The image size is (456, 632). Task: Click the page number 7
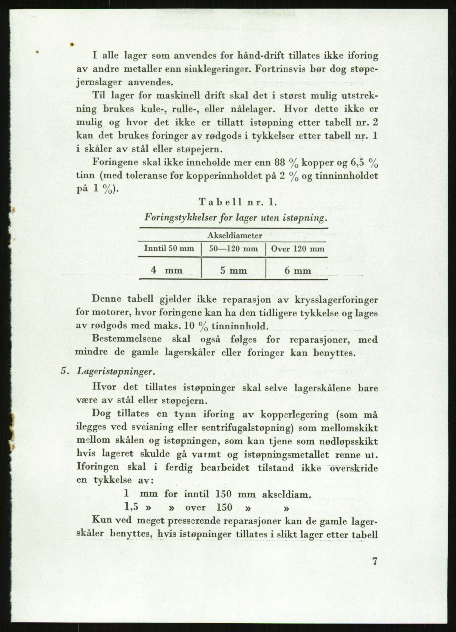point(374,561)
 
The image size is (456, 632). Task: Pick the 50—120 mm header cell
point(233,249)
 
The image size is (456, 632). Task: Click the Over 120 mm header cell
point(298,249)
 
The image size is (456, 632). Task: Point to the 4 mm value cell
point(167,270)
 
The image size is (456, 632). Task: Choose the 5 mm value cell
point(233,271)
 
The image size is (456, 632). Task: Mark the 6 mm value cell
point(298,271)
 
